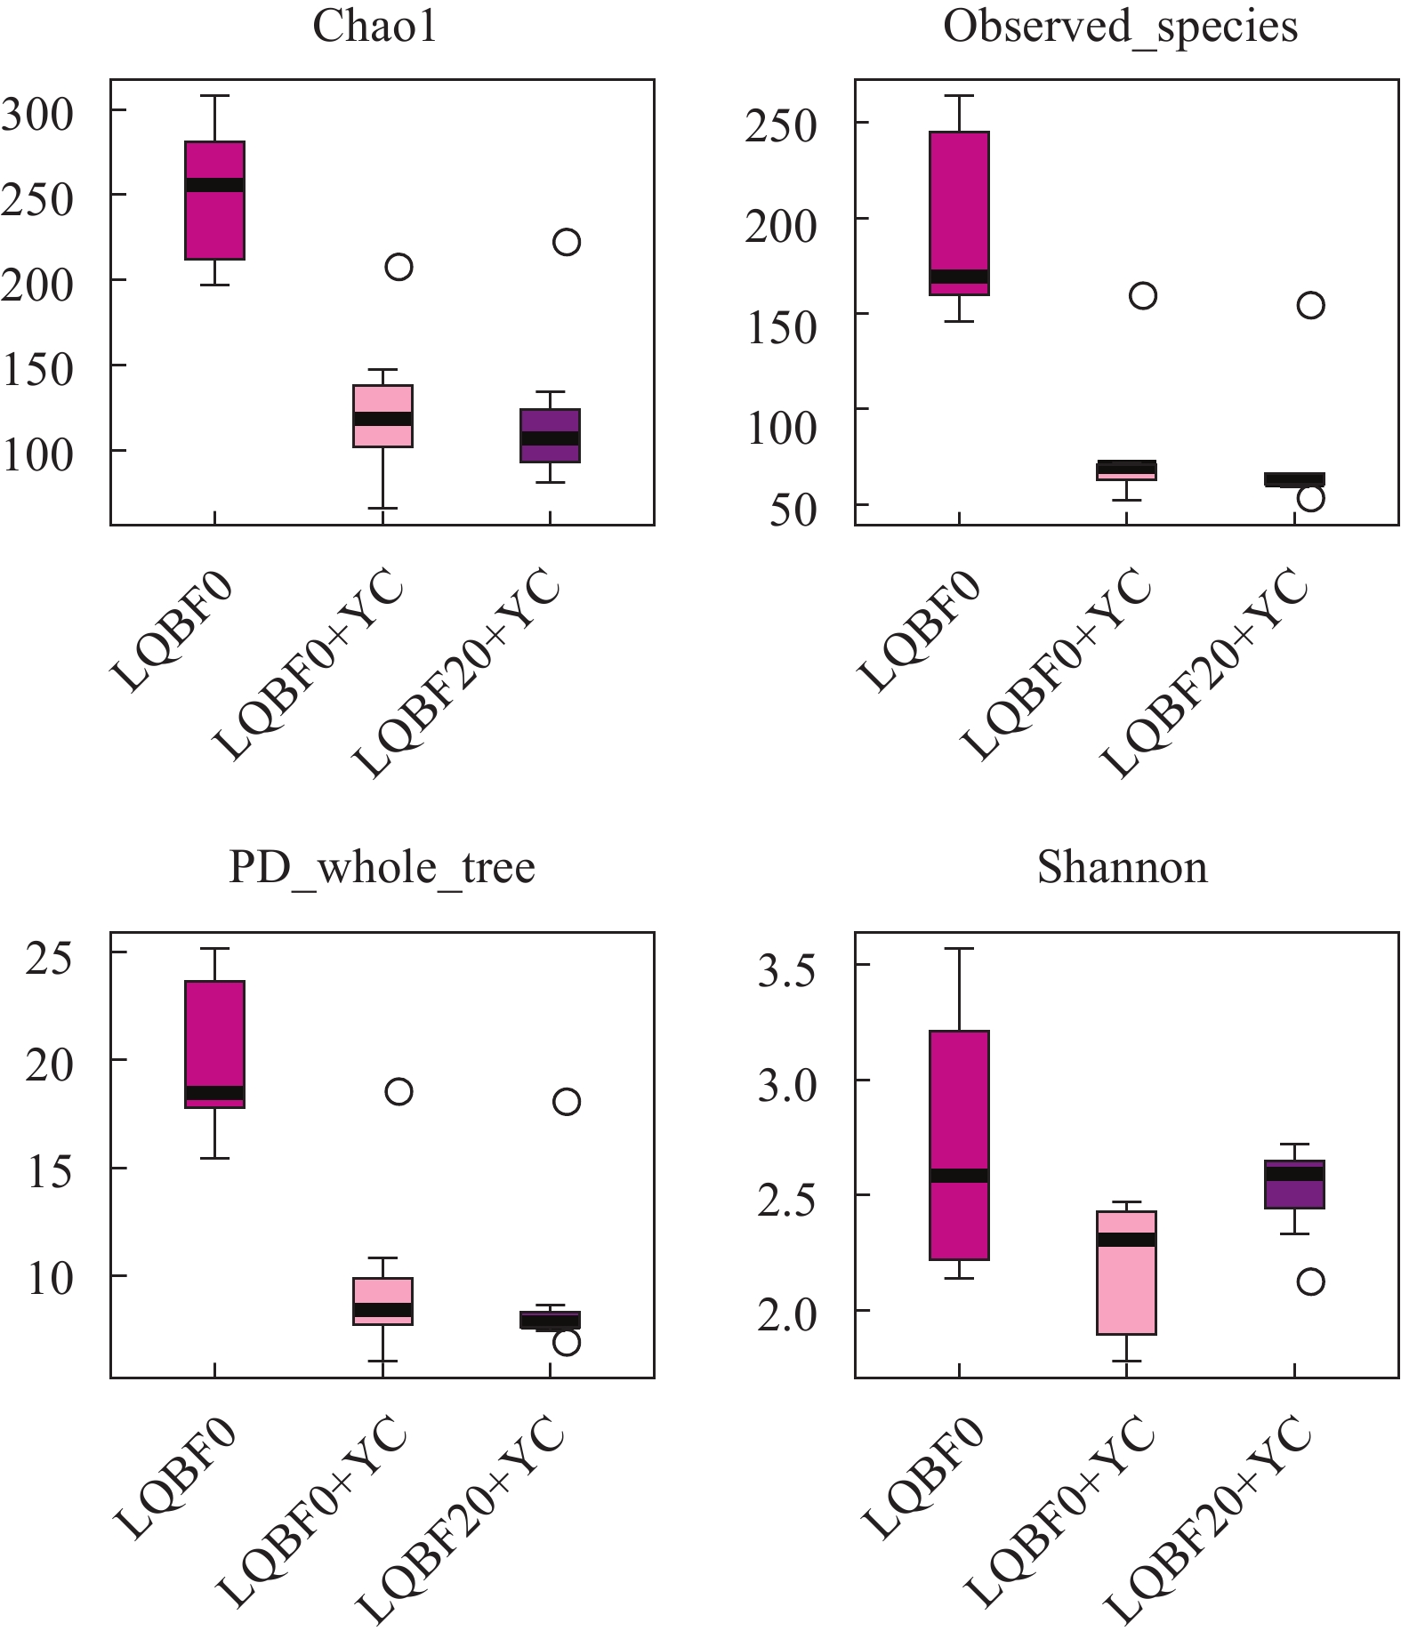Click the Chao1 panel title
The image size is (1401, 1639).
tap(374, 28)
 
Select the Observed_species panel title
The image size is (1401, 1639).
tap(1120, 28)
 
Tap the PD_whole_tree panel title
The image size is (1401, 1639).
tap(382, 867)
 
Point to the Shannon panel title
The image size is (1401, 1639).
tap(1123, 867)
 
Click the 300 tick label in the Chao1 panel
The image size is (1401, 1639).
tap(38, 114)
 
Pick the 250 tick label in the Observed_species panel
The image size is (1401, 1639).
tap(780, 126)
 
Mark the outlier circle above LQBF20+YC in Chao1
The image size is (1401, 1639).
tap(567, 242)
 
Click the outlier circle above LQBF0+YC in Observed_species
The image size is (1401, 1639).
tap(1142, 296)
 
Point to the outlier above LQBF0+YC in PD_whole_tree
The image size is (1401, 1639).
tap(399, 1091)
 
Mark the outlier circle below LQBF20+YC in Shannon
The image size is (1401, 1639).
tap(1310, 1281)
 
